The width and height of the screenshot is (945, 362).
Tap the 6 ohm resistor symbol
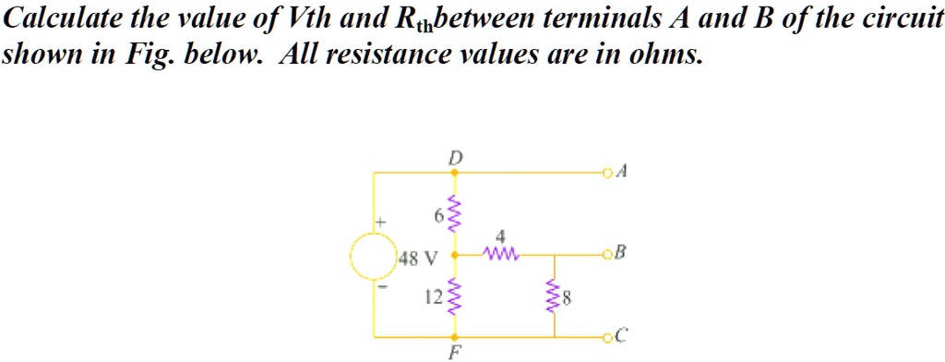(x=452, y=214)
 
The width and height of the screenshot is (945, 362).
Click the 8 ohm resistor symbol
(x=555, y=297)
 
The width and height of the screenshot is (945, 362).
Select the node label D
(x=452, y=158)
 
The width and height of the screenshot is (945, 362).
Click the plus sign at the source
(x=377, y=223)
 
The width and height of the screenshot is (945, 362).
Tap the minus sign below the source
(x=376, y=287)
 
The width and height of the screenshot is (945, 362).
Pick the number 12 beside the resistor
(x=432, y=296)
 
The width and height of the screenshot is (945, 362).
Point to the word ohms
(x=669, y=55)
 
